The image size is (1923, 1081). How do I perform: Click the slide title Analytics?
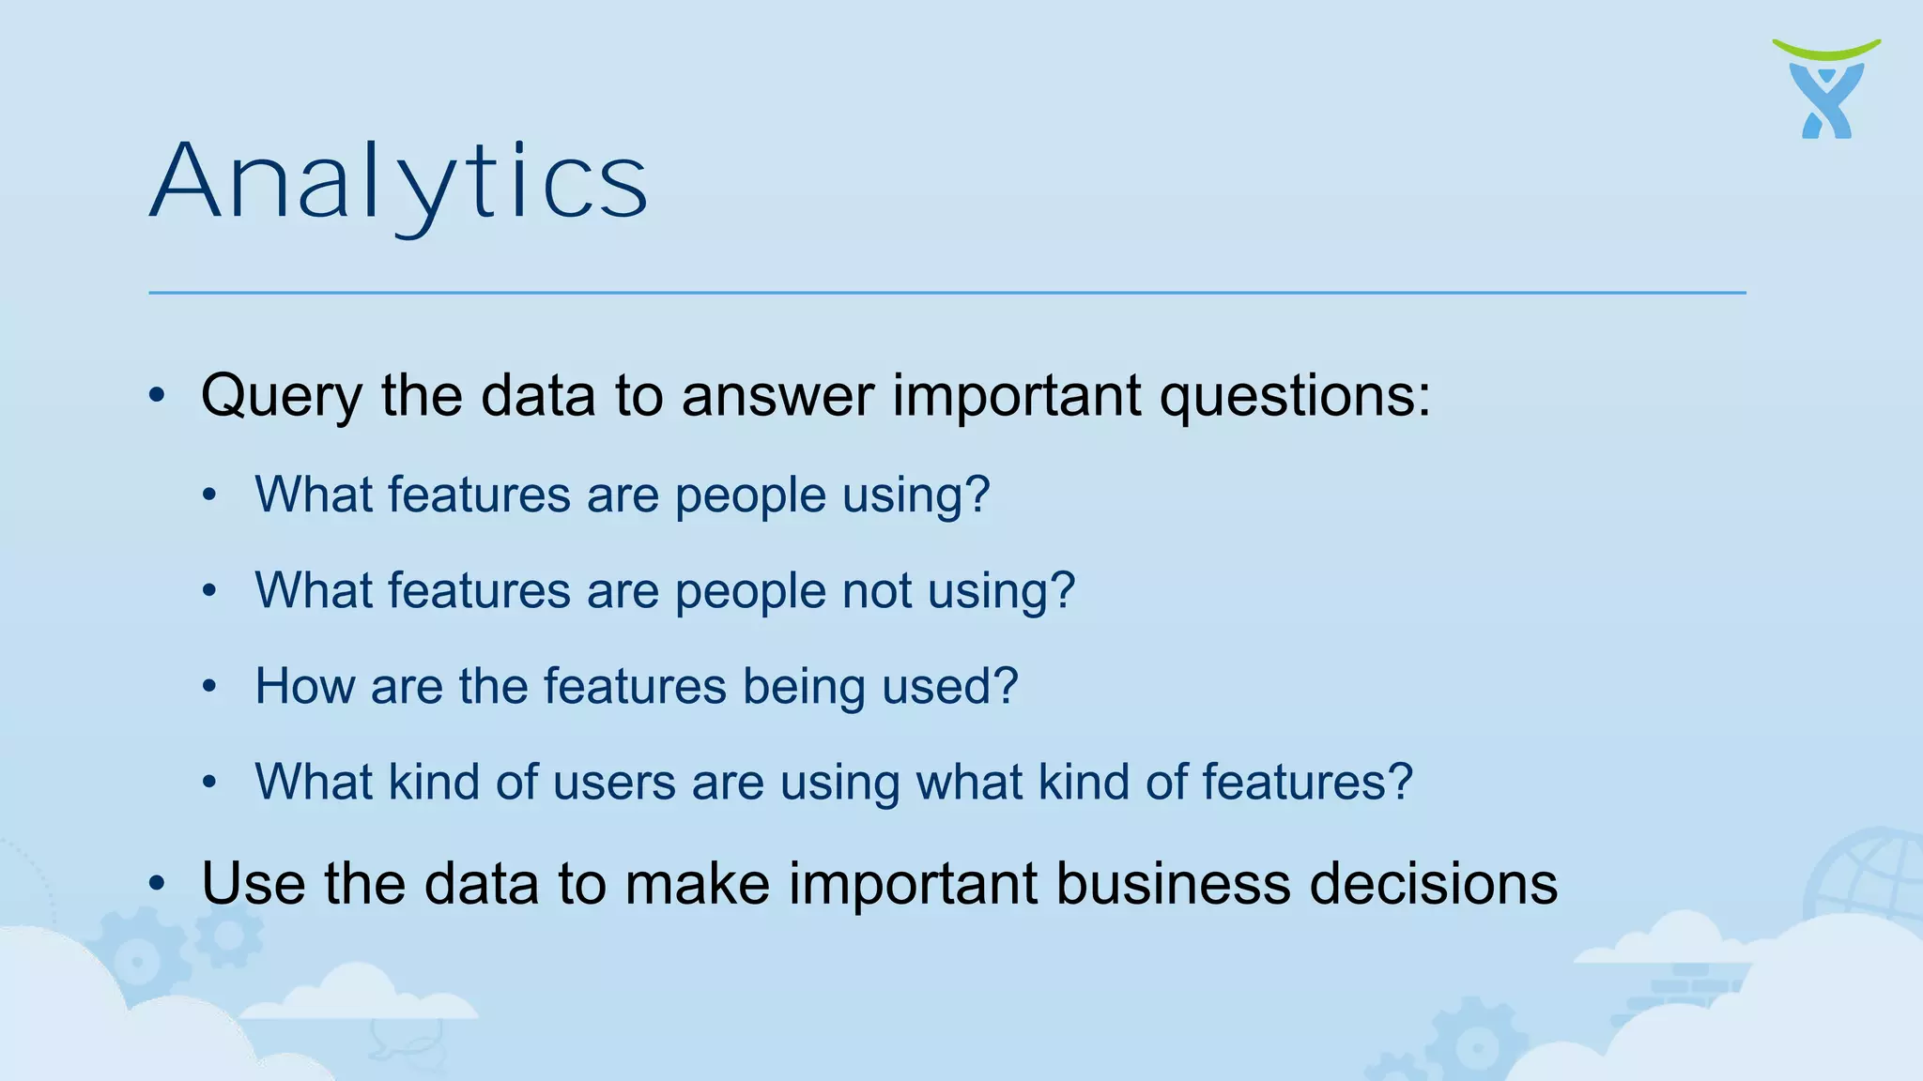pos(398,183)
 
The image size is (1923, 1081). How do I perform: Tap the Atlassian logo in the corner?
pos(1826,90)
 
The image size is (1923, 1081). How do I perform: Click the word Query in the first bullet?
pos(281,396)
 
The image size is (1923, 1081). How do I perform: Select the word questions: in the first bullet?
pos(1295,396)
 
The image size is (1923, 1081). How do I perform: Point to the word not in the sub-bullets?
pos(876,591)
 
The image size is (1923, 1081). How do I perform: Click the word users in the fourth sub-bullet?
pos(614,782)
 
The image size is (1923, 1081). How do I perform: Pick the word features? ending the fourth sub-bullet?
pos(1307,782)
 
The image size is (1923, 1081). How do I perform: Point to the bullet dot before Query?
pos(157,395)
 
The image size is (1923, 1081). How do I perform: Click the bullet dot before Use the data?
pos(157,884)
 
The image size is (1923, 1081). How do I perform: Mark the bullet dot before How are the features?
pos(209,686)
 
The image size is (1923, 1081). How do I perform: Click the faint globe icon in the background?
pos(1864,873)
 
